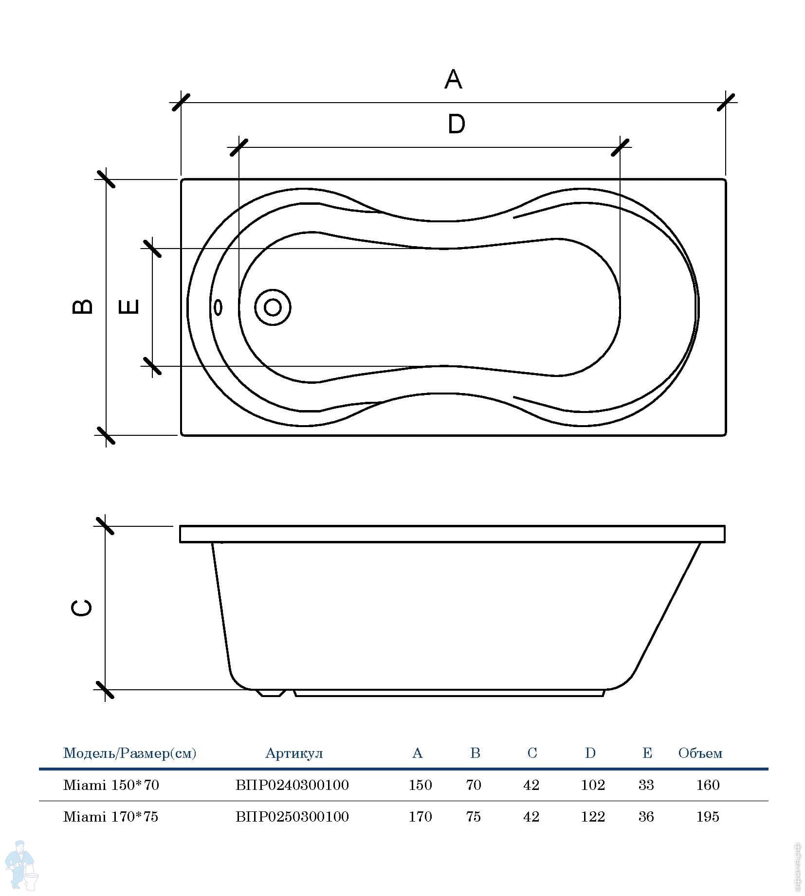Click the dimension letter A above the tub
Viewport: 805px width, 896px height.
pos(453,79)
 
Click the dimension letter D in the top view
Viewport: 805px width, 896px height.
pos(456,124)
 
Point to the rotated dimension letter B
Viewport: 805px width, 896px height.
pos(82,306)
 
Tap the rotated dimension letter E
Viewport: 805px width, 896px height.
pos(129,306)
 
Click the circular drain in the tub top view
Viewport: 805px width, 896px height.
pos(273,307)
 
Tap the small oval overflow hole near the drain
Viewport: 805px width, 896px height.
pos(219,307)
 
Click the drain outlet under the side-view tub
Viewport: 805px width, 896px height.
pos(272,693)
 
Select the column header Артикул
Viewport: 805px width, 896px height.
pos(294,753)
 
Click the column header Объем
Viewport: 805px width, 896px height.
pos(700,753)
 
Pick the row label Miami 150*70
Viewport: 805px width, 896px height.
pos(111,785)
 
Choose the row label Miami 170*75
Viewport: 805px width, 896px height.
pos(111,817)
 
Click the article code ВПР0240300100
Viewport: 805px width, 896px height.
pos(292,785)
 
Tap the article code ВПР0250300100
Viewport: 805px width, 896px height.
pos(292,817)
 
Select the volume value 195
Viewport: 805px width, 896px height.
pos(708,817)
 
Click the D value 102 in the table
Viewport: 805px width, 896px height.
pos(593,785)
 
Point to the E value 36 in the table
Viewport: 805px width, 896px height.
pos(646,817)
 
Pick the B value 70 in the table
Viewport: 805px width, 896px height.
pos(474,785)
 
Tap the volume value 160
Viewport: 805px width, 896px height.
pos(708,785)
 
